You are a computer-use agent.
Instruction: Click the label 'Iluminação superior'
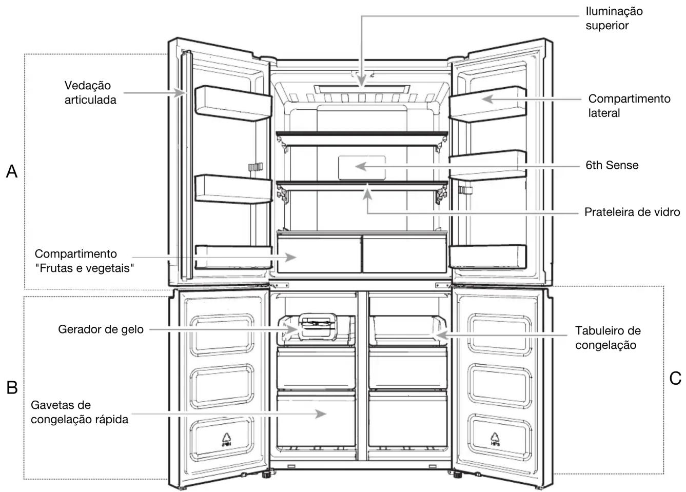[x=614, y=18]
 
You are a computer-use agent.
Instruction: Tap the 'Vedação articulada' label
[x=90, y=92]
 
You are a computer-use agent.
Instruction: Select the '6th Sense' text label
[x=612, y=165]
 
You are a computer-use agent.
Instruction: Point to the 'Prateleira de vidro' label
[x=632, y=212]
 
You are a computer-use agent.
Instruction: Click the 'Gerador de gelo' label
[x=101, y=329]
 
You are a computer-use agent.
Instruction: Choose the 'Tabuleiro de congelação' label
[x=608, y=338]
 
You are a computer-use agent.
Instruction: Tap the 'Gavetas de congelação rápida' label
[x=80, y=412]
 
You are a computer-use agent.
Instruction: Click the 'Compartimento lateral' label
[x=630, y=106]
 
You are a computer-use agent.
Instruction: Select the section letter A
[x=12, y=171]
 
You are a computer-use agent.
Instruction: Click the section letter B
[x=12, y=388]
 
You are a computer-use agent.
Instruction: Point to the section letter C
[x=675, y=378]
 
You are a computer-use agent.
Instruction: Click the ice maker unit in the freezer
[x=317, y=327]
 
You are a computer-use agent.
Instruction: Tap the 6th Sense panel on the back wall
[x=362, y=168]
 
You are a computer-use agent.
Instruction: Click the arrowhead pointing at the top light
[x=362, y=81]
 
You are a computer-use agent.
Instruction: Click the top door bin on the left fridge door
[x=233, y=104]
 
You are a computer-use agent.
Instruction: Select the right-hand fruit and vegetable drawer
[x=404, y=254]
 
